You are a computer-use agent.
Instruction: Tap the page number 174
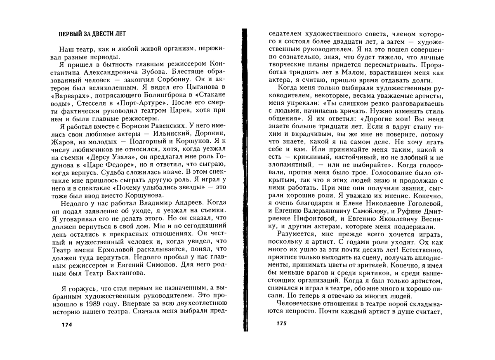pos(66,324)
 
